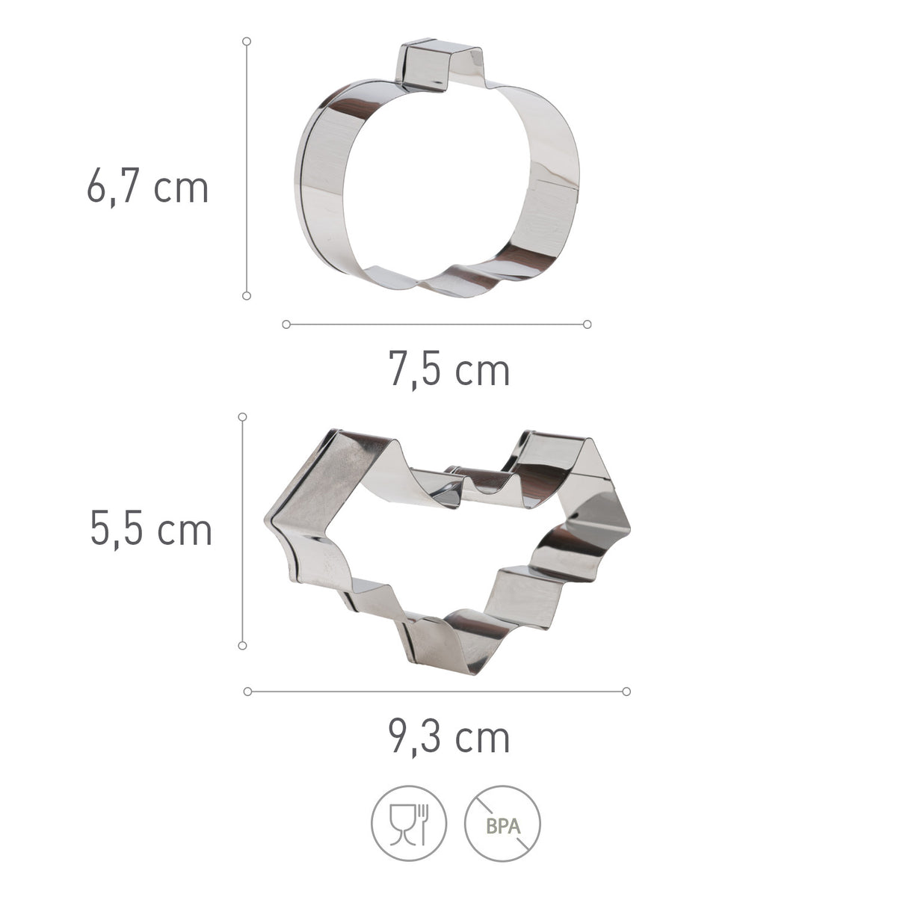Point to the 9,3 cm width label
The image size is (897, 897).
(449, 737)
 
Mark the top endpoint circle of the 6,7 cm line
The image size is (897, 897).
(247, 41)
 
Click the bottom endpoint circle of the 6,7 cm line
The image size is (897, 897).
(247, 295)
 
